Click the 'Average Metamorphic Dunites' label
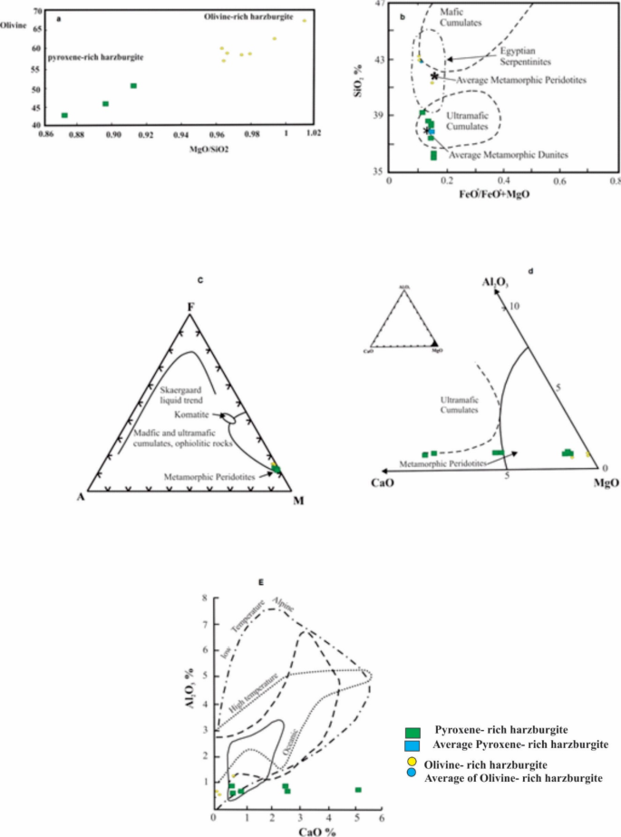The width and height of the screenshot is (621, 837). [509, 155]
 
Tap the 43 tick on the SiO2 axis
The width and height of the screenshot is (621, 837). [378, 60]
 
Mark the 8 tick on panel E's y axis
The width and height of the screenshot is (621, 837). [206, 599]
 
